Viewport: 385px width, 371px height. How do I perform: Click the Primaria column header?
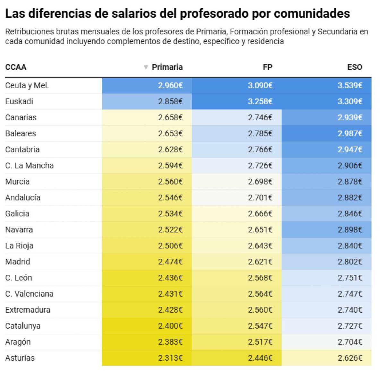(167, 67)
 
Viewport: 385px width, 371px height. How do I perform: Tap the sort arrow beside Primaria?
(146, 67)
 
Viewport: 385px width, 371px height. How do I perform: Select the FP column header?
(267, 67)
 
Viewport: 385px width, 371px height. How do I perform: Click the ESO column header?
(355, 67)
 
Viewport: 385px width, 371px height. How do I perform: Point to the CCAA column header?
(16, 67)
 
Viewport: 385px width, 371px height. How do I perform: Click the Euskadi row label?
(19, 101)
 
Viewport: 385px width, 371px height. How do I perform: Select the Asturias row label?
(20, 358)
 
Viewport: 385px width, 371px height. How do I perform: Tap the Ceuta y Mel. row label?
(27, 85)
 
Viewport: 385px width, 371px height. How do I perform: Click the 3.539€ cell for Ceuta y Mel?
(350, 85)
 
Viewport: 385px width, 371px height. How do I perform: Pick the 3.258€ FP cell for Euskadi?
(260, 101)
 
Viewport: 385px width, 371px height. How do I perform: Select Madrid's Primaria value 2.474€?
(170, 262)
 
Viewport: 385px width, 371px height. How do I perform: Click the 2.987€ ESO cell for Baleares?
(350, 134)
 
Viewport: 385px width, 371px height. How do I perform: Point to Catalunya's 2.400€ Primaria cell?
(170, 326)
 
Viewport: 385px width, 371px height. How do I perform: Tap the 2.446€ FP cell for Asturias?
(260, 358)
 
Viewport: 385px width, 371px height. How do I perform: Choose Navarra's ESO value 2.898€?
(350, 230)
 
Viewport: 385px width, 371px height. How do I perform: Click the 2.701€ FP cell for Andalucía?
(260, 198)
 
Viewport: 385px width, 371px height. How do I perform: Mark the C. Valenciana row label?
(29, 294)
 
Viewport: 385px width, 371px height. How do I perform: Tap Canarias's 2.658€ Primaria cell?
(170, 117)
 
